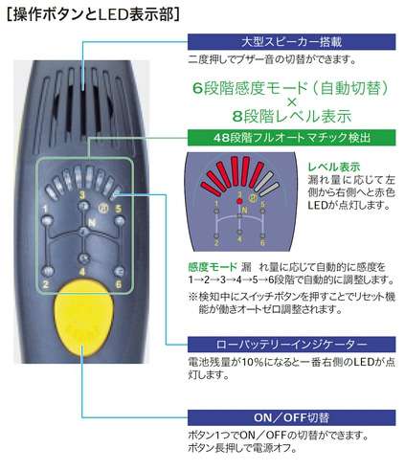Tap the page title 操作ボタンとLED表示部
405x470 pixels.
94,14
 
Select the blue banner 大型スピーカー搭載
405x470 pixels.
291,42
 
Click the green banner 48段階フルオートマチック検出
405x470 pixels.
291,138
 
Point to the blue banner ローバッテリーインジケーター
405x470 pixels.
291,345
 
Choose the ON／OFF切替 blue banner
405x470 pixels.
291,417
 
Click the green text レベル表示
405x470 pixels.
334,167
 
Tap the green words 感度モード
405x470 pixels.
213,267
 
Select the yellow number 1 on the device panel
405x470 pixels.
45,209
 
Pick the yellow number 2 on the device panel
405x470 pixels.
46,283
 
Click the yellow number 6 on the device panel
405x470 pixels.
119,283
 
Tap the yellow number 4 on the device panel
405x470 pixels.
82,272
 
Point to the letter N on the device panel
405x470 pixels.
92,222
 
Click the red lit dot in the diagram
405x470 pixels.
238,201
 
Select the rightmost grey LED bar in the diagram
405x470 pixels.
270,190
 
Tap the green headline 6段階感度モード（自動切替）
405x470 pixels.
291,88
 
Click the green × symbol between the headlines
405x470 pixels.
291,102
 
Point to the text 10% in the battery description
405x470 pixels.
253,362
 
